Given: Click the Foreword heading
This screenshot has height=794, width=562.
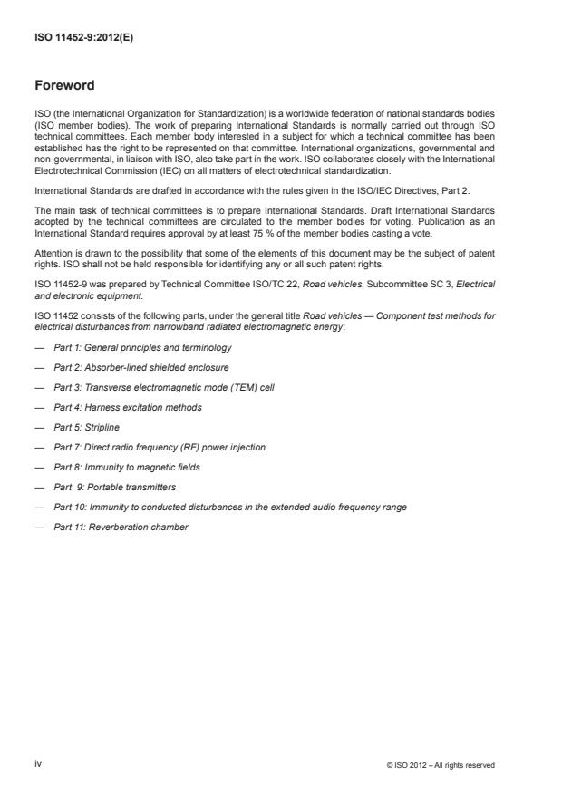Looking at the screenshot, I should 64,86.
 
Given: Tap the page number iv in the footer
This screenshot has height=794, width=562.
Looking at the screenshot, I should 38,764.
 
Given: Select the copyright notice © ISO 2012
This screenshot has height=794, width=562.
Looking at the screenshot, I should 441,765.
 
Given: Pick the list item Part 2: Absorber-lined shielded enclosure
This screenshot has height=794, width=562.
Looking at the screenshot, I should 140,367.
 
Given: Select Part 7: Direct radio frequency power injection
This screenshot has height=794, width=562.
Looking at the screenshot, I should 159,447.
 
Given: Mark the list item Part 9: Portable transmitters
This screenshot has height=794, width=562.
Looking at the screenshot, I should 114,487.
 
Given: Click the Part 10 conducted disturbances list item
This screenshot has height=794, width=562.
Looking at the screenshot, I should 230,507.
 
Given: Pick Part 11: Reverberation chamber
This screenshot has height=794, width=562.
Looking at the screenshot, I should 121,527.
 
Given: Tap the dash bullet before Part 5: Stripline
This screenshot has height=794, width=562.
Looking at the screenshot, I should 38,427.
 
